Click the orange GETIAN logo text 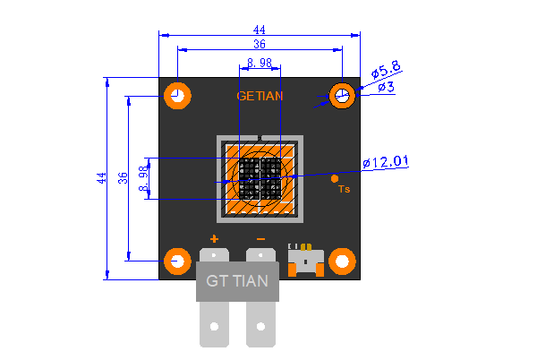pos(260,96)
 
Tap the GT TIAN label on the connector pos(237,281)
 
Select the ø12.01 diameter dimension pos(385,162)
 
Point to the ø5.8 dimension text pos(386,70)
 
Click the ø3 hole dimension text pos(387,87)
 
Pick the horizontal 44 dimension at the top pos(260,30)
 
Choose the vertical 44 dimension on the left pos(102,178)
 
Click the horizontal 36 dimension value pos(260,44)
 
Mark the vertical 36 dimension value pos(123,178)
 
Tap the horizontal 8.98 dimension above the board pos(260,63)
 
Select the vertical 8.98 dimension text pos(144,178)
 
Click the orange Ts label pos(345,189)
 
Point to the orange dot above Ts pos(335,178)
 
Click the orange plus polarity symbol pos(214,239)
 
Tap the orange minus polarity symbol pos(261,239)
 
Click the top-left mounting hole pos(177,96)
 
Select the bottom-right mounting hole pos(342,261)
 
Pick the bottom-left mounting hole pos(177,261)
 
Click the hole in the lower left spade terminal pos(215,327)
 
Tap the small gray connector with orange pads pos(306,260)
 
